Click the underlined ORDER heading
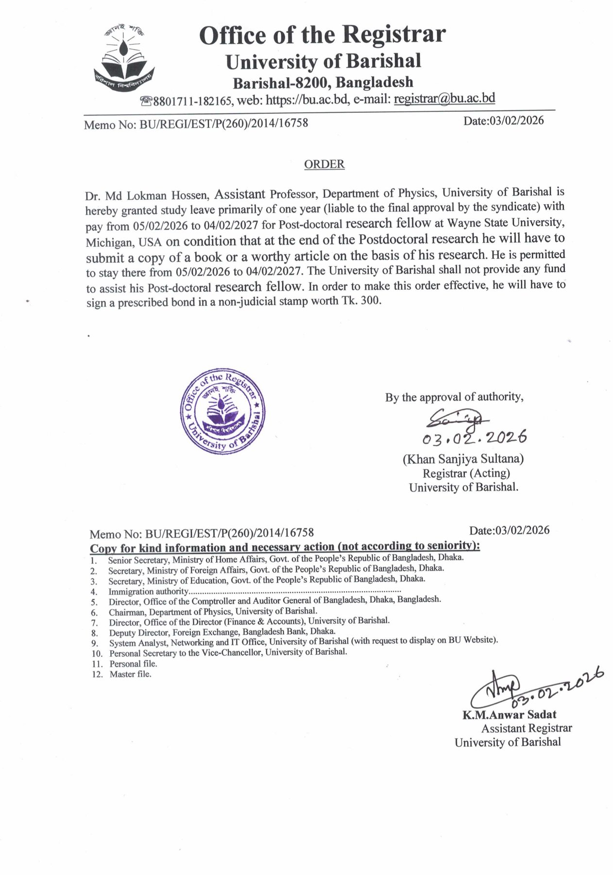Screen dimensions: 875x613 point(324,164)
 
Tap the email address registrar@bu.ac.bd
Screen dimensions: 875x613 point(444,99)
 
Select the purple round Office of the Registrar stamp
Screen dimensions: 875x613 point(223,411)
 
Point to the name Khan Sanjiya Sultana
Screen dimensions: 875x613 point(463,458)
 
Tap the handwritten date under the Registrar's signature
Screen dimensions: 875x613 point(474,438)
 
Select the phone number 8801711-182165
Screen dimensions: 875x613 point(192,101)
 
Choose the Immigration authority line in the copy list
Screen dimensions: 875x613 point(148,592)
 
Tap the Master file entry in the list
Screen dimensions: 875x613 point(130,674)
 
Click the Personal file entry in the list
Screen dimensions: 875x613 point(133,664)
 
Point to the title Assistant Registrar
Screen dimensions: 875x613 point(527,728)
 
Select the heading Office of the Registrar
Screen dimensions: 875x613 point(322,35)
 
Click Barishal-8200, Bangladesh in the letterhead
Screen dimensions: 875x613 point(323,82)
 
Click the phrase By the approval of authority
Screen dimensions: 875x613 point(454,397)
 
